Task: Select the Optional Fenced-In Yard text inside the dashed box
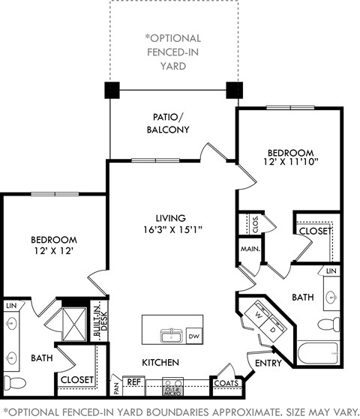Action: [175, 52]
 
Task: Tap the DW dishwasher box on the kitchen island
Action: [193, 336]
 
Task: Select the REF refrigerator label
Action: [133, 382]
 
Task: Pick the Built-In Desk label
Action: [97, 319]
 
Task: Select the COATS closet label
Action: [226, 383]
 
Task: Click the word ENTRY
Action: [269, 364]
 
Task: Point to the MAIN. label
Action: [250, 249]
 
